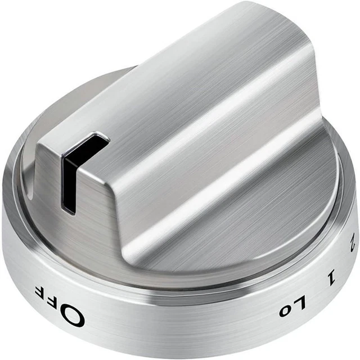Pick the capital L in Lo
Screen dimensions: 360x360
(x=300, y=303)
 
